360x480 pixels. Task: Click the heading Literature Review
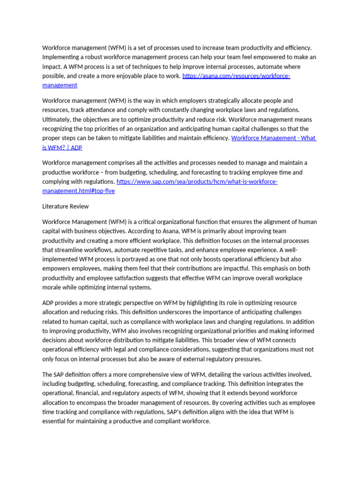click(65, 206)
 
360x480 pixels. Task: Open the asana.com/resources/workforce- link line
click(236, 76)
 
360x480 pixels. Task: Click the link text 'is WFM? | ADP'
click(62, 147)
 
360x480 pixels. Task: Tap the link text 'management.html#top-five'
click(78, 191)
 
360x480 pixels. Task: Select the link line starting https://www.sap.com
click(197, 181)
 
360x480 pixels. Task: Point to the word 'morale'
click(52, 287)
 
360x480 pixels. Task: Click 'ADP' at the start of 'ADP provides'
click(49, 303)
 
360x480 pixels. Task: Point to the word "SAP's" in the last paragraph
click(176, 412)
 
